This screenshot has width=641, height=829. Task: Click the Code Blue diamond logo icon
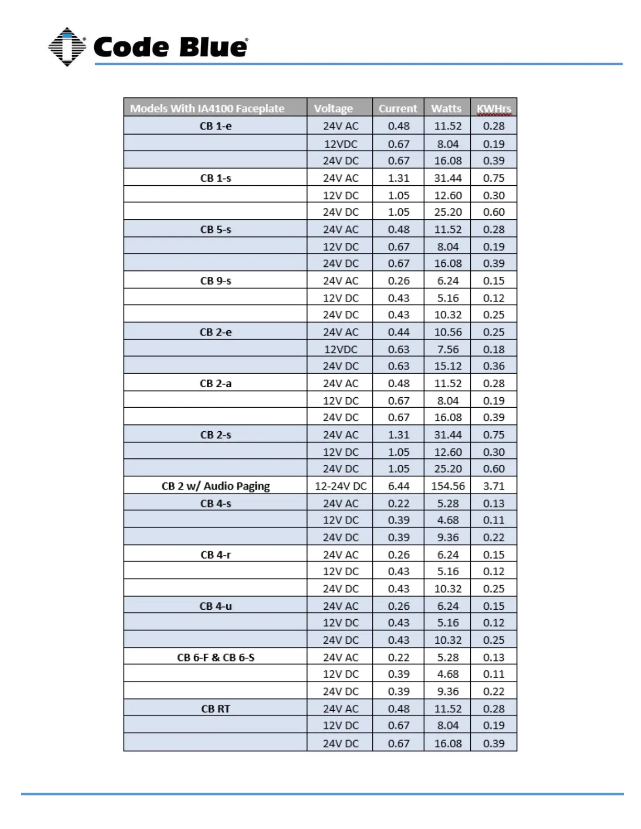point(67,47)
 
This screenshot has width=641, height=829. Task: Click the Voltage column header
point(333,108)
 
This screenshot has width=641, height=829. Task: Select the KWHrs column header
point(493,108)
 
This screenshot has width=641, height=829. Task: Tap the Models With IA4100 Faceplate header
point(207,108)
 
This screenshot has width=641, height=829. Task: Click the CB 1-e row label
point(215,126)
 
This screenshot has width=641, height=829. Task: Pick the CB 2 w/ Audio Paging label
point(215,486)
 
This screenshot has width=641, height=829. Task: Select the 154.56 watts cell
point(448,486)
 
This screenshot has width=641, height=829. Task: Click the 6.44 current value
point(399,486)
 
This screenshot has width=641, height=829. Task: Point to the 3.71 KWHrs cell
point(493,486)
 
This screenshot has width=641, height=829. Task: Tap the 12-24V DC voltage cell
point(340,486)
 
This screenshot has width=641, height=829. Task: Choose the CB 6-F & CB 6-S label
point(215,657)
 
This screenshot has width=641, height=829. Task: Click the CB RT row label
point(215,709)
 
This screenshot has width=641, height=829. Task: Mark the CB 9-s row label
point(215,281)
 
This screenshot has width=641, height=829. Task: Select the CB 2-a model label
point(215,384)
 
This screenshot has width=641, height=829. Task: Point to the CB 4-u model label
point(215,606)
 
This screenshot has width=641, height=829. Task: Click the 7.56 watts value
point(448,350)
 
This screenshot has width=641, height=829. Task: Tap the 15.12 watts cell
point(448,366)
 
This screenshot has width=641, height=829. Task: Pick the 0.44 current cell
point(399,332)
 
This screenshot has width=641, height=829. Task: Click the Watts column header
point(446,108)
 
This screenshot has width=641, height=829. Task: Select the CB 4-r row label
point(215,555)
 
